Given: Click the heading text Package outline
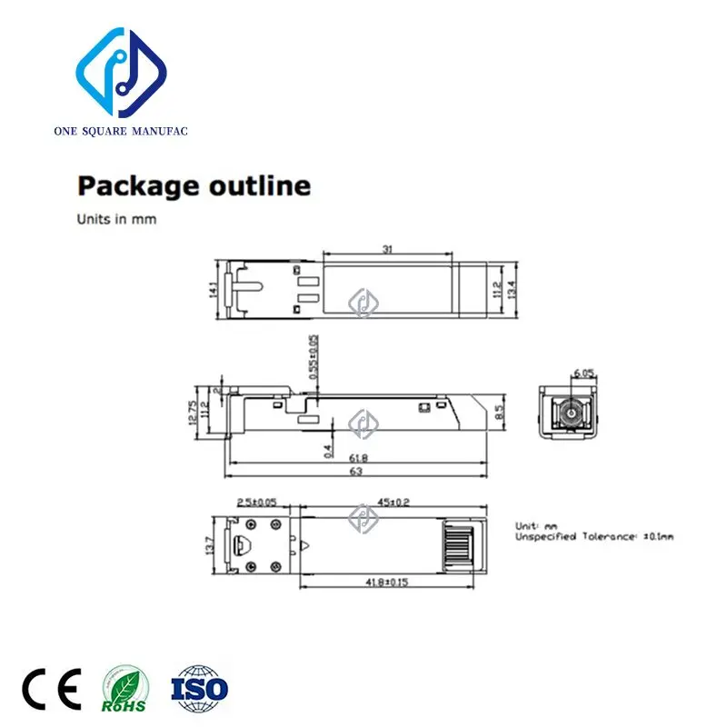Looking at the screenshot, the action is click(x=194, y=186).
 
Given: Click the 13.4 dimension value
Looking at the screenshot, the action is click(x=513, y=289).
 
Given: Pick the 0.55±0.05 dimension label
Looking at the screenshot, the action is click(x=314, y=356).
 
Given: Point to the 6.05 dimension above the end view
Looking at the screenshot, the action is click(x=583, y=373).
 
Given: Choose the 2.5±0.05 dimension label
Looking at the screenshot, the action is click(x=257, y=501).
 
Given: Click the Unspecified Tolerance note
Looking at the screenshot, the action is click(x=594, y=537).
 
